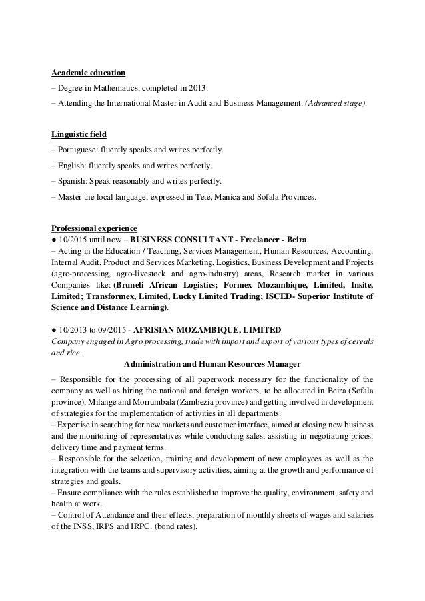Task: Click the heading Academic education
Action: [89, 73]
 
